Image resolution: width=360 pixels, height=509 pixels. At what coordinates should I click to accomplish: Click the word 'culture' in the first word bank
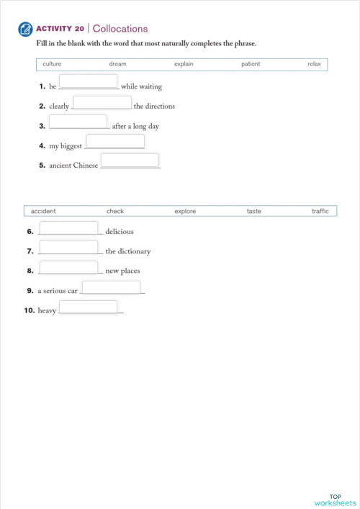point(52,64)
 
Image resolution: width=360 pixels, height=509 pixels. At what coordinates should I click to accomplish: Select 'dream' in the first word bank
point(117,64)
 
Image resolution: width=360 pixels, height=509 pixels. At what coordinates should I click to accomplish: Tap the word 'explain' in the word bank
point(184,64)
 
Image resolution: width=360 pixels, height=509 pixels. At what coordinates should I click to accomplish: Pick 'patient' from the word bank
point(251,64)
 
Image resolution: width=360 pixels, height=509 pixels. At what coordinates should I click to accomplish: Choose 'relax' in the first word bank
point(314,64)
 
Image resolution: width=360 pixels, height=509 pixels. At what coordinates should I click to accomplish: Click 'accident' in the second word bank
point(43,211)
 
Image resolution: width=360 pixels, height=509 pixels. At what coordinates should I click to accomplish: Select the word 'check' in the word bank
point(115,211)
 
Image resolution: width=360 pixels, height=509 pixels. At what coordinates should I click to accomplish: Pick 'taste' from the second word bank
point(254,211)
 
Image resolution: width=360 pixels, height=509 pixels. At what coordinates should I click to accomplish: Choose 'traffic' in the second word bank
point(320,211)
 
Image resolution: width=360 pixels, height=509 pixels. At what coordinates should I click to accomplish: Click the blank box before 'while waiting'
point(89,81)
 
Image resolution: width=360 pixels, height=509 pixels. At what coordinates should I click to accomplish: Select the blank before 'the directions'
point(102,102)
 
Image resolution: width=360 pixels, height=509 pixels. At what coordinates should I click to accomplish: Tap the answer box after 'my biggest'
point(115,141)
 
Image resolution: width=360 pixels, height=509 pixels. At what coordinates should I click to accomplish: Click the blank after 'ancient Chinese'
point(130,161)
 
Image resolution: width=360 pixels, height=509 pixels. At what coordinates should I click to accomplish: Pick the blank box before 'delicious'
point(68,228)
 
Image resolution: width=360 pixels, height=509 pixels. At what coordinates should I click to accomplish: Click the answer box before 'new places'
point(68,267)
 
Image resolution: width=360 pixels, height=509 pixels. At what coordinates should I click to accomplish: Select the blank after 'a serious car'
point(111,287)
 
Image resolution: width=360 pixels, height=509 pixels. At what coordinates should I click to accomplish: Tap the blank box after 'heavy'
point(88,307)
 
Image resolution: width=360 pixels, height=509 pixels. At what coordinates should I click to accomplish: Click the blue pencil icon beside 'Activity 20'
point(27,30)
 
